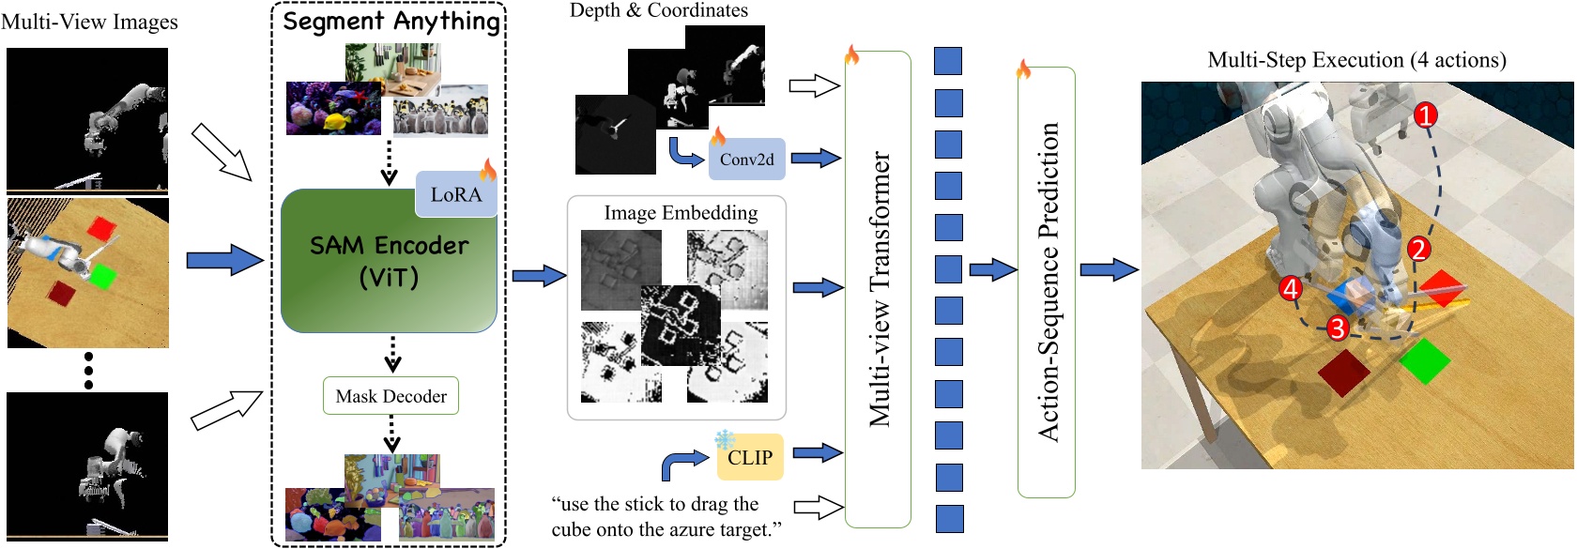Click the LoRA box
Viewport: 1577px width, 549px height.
pos(455,194)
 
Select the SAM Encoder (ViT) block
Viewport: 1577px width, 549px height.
pos(389,262)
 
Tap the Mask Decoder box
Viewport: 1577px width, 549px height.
pos(391,396)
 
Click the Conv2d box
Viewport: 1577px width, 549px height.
pos(746,160)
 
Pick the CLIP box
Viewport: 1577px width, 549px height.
pos(749,458)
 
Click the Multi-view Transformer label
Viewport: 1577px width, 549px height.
pos(879,289)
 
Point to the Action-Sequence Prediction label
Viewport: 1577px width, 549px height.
pos(1048,282)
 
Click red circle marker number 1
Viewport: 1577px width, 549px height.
pos(1426,115)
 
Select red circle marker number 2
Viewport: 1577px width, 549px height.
pos(1418,250)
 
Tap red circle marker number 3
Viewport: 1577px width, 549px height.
pos(1337,328)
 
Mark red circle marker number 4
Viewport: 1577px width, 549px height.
pos(1291,289)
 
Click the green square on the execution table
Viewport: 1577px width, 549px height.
pos(1424,360)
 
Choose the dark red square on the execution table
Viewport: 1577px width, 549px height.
pos(1344,372)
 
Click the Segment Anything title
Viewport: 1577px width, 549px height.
pos(391,21)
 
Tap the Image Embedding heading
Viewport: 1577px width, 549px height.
pos(681,213)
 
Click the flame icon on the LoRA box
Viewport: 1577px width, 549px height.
pos(488,170)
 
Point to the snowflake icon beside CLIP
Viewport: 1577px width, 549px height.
pos(725,439)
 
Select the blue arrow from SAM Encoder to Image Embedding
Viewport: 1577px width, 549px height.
pos(539,276)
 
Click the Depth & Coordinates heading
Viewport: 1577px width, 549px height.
pos(659,10)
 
